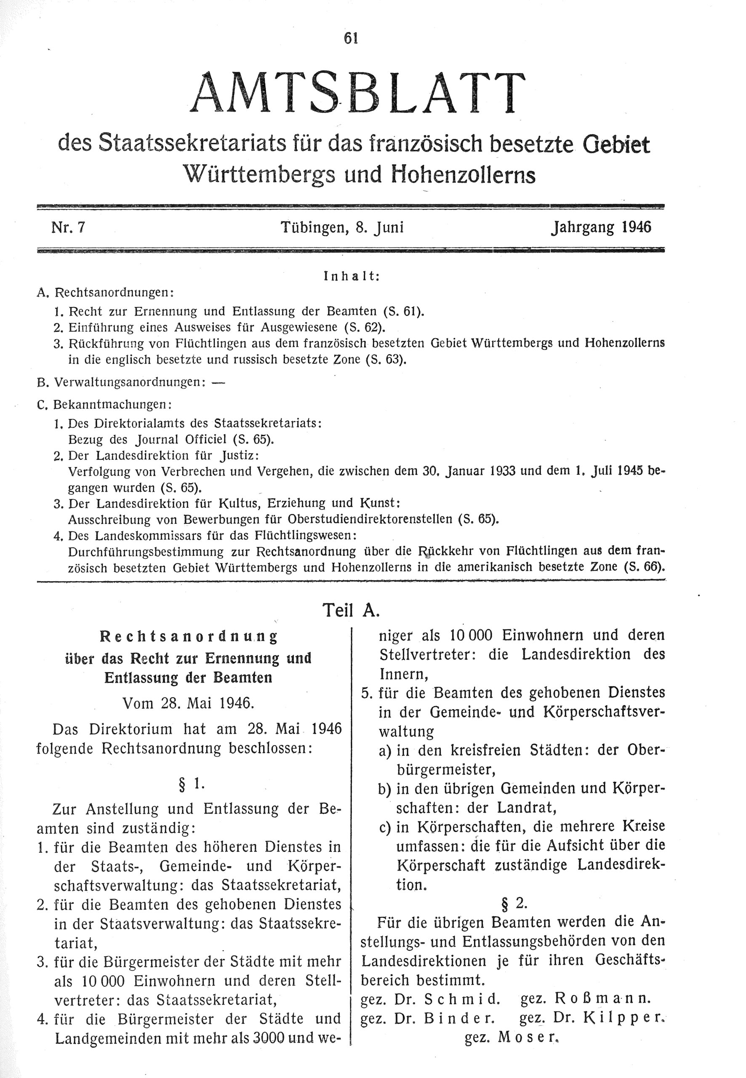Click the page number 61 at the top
point(351,38)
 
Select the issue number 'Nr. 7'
point(68,228)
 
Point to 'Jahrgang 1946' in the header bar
point(601,228)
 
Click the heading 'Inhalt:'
point(351,276)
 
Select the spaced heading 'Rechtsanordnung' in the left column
point(189,636)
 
